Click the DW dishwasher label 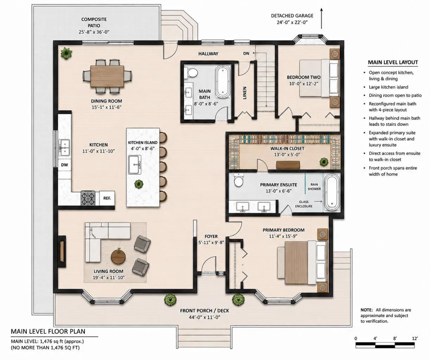click(x=64, y=165)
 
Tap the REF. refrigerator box click(x=107, y=198)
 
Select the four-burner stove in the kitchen click(x=88, y=198)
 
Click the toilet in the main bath click(x=191, y=72)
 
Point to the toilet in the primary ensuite click(x=239, y=180)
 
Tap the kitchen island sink click(x=135, y=165)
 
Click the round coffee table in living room click(x=118, y=257)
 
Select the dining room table click(x=107, y=76)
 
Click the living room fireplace click(x=62, y=251)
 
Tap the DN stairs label click(x=246, y=53)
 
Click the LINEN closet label click(x=245, y=93)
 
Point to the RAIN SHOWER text click(x=314, y=187)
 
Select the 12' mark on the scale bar click(x=415, y=339)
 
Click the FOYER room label click(x=211, y=236)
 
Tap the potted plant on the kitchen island click(x=139, y=184)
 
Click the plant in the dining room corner click(x=66, y=53)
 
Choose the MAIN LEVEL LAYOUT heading click(x=393, y=62)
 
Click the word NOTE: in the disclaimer click(x=367, y=310)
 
